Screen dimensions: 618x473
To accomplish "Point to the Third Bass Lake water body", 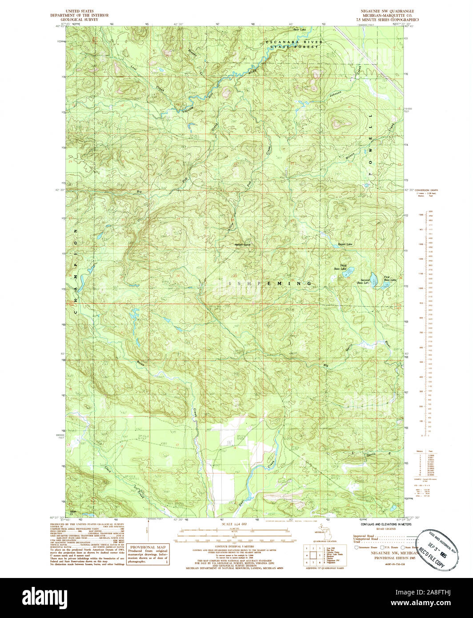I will pyautogui.click(x=350, y=270).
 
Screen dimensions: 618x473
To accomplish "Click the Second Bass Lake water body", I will pyautogui.click(x=374, y=279).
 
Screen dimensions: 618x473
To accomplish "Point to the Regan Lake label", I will pyautogui.click(x=345, y=245).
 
